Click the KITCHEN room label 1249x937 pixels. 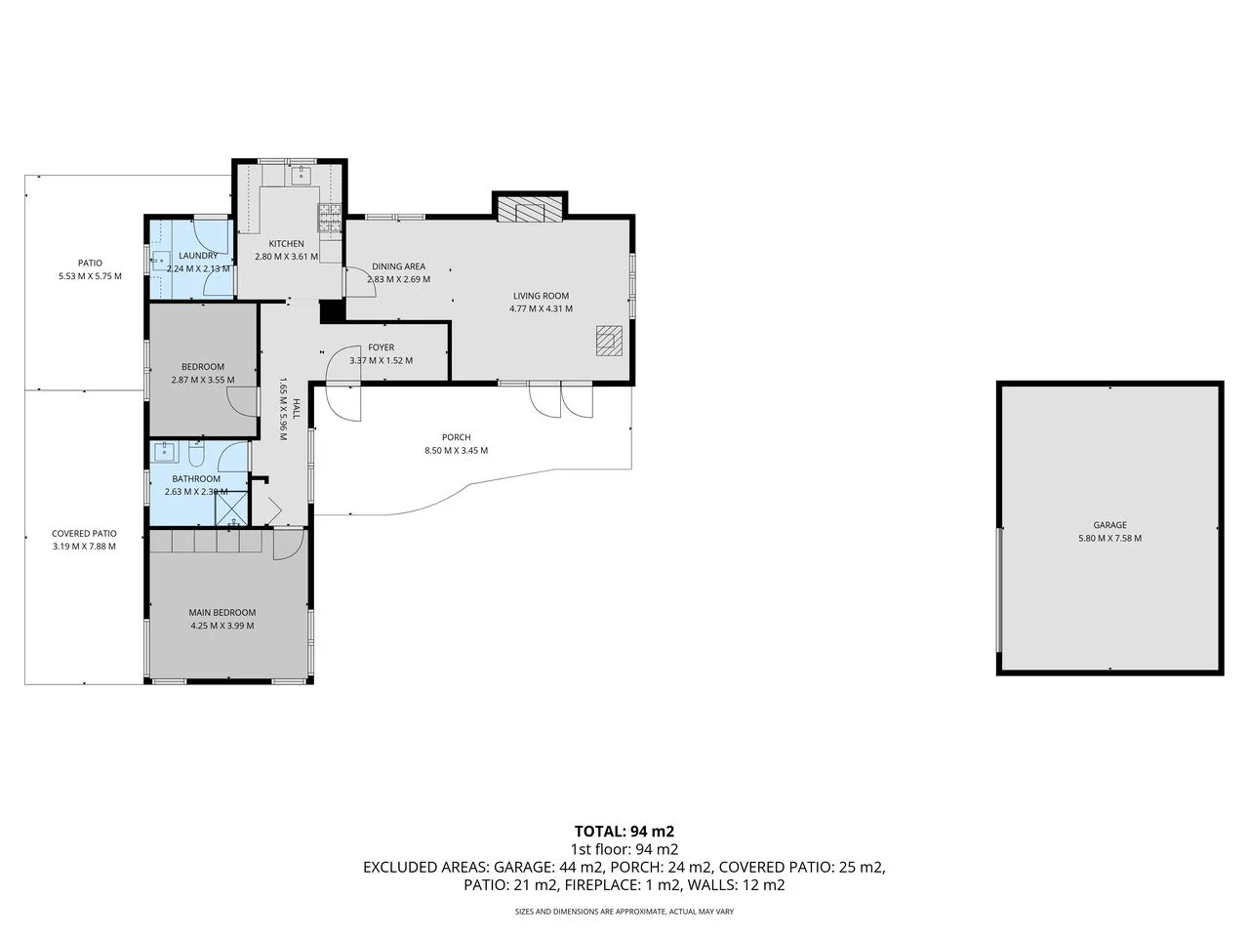click(x=286, y=244)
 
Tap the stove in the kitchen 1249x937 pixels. click(x=329, y=221)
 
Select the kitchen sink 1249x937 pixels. click(x=300, y=176)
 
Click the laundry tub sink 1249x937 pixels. click(x=159, y=261)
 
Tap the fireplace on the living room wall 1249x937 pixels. click(x=530, y=209)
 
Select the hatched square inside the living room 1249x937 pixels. click(x=609, y=340)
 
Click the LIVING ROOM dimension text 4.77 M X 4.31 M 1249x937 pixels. click(x=541, y=309)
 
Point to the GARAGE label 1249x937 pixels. click(x=1109, y=525)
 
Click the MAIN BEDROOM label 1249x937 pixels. click(x=222, y=613)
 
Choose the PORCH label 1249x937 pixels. click(x=456, y=437)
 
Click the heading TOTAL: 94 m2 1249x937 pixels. click(x=624, y=832)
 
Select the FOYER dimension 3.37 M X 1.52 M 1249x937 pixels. click(x=381, y=360)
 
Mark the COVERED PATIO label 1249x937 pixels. click(x=84, y=534)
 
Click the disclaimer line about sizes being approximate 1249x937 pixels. click(x=624, y=912)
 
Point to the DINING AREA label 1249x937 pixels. click(x=398, y=266)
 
